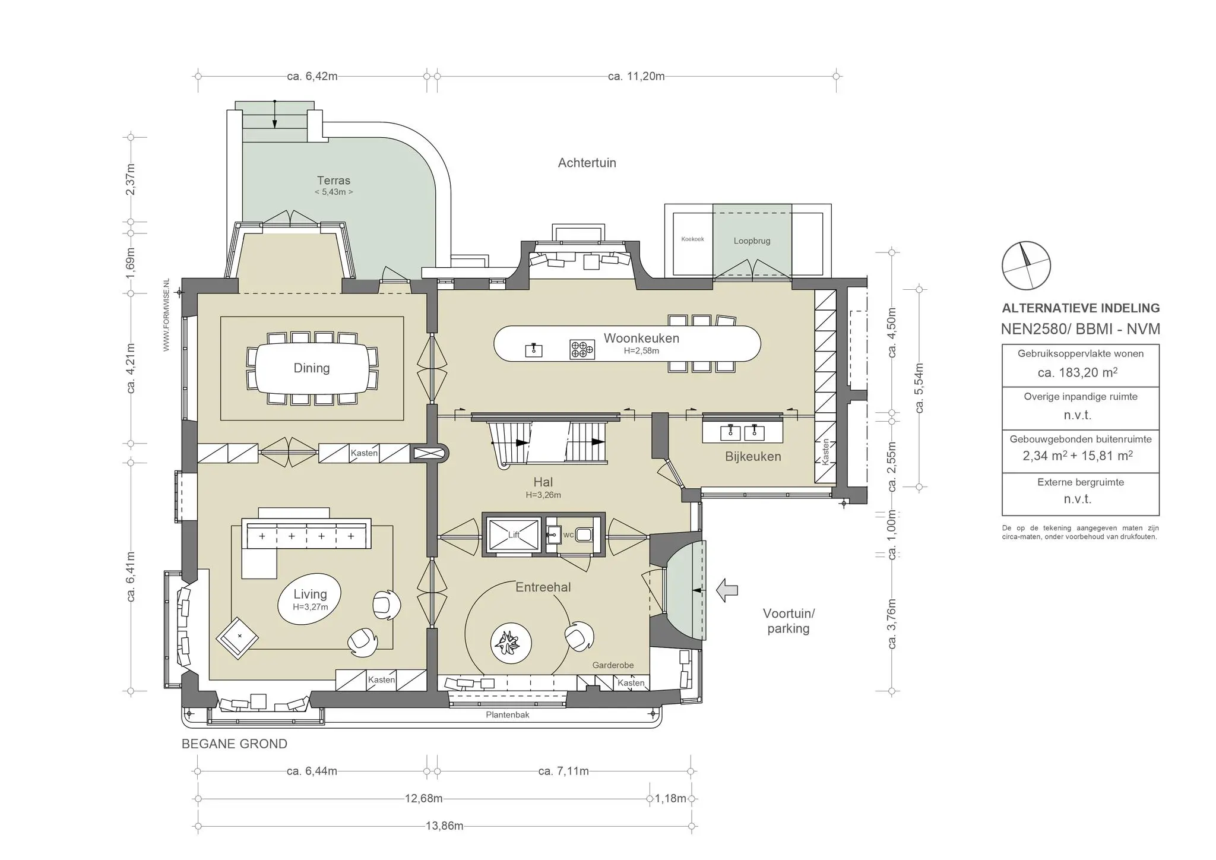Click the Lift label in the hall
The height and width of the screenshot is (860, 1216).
pos(514,535)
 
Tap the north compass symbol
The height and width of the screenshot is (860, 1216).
pos(1026,265)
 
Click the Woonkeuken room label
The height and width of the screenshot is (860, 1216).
pos(641,338)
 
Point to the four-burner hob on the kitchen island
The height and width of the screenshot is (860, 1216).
pos(582,349)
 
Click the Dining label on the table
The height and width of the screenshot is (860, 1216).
pos(312,368)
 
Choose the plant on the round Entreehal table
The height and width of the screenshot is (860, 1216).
pos(507,642)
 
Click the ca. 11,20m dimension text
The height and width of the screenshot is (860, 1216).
pos(636,76)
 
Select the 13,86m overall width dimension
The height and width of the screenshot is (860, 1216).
pos(444,826)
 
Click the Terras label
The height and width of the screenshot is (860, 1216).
pos(334,181)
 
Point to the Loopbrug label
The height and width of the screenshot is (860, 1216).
pos(752,241)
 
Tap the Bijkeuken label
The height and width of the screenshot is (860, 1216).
pos(753,457)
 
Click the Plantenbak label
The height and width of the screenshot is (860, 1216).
pos(508,714)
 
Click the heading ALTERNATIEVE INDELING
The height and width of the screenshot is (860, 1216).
pos(1081,308)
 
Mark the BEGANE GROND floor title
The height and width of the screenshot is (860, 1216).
pos(235,744)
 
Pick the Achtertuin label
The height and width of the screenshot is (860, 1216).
pos(587,163)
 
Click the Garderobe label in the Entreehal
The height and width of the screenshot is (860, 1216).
pos(613,665)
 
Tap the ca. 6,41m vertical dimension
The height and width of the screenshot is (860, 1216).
pos(131,576)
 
